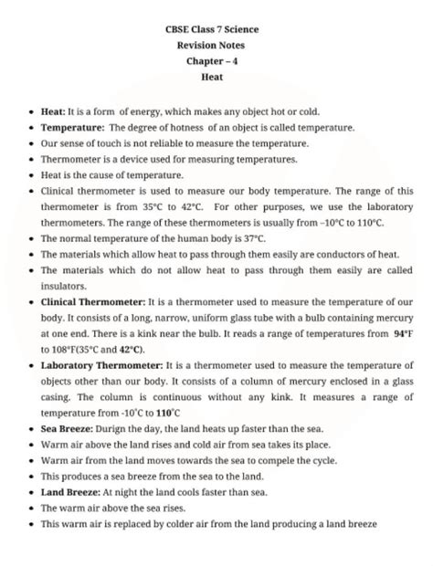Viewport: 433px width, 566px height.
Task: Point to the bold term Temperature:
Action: pos(73,128)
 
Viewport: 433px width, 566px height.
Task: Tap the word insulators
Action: pos(65,285)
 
